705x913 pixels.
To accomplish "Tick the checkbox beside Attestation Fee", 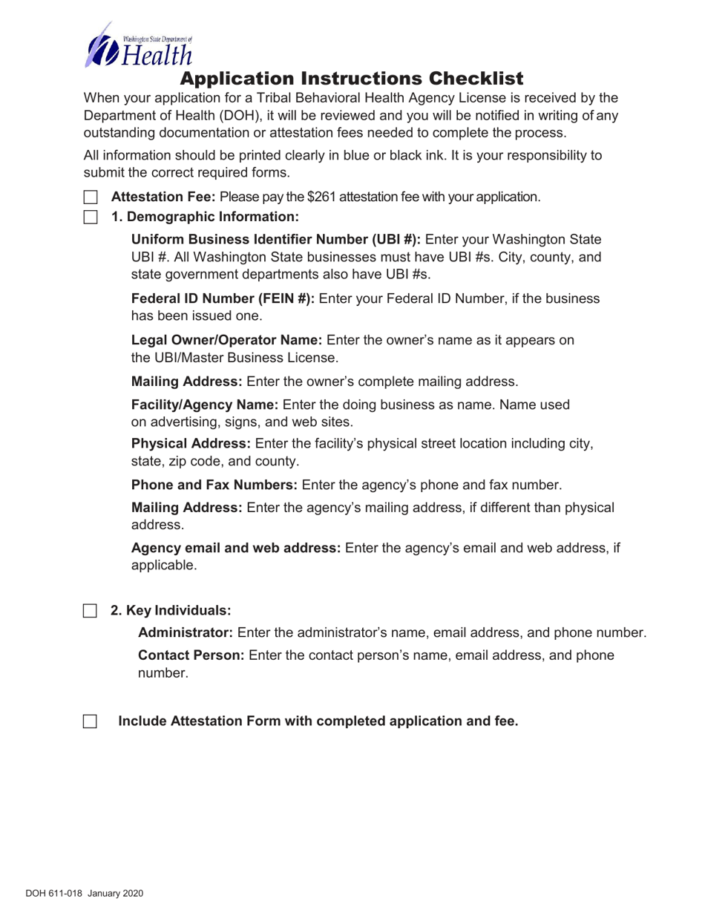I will pos(90,197).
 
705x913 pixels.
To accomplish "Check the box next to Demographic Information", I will pos(90,217).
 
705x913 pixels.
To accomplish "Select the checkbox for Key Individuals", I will pos(90,611).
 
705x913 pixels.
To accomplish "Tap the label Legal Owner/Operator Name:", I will pos(226,341).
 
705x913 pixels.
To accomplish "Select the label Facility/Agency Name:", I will pos(205,405).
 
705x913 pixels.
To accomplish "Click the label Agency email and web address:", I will pos(236,548).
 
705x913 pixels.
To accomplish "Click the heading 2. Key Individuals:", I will pos(171,611).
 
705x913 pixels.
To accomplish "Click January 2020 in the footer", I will pos(115,894).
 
